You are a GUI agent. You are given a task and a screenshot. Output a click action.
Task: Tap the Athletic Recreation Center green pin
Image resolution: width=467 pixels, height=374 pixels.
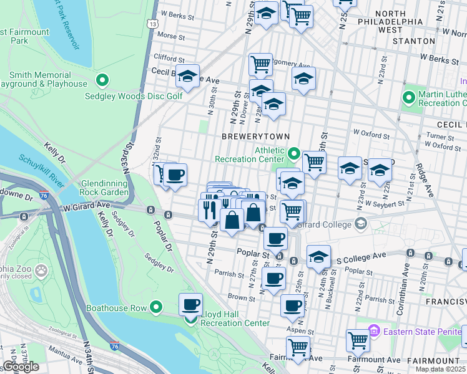[x=294, y=152]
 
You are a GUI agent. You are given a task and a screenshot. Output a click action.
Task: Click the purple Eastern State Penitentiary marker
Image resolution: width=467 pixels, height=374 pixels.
[x=374, y=331]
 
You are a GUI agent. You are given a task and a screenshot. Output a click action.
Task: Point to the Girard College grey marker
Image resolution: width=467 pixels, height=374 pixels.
[x=360, y=223]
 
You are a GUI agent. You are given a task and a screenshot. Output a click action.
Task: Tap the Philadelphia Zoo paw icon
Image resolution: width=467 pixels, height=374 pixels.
[x=41, y=271]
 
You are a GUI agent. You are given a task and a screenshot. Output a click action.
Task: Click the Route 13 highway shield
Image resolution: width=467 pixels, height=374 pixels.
[x=152, y=23]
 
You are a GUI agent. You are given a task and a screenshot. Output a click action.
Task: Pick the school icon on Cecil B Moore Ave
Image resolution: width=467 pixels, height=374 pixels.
[x=187, y=77]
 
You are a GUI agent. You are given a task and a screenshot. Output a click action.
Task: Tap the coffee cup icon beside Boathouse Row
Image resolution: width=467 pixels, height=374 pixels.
[x=191, y=304]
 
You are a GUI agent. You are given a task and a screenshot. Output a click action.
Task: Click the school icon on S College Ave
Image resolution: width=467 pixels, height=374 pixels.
[x=318, y=257]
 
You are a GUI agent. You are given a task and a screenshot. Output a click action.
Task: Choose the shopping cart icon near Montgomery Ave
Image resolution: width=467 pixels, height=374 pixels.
[x=260, y=64]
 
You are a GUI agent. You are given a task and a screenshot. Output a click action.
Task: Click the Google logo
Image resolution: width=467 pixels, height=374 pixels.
[x=20, y=367]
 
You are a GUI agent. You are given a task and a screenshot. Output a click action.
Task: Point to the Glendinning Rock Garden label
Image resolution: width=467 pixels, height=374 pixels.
[x=104, y=187]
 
